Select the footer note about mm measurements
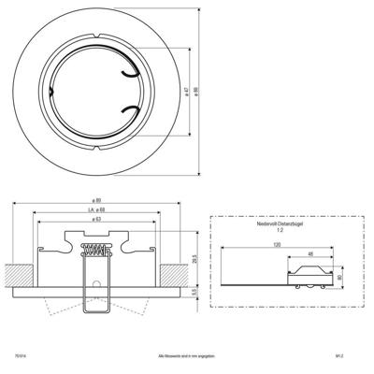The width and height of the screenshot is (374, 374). click(x=187, y=356)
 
